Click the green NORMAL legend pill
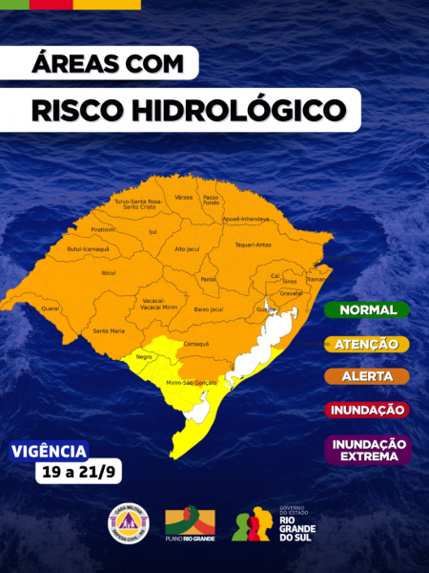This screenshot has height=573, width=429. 367,310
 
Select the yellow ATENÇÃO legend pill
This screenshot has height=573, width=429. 367,343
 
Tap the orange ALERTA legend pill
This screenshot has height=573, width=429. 367,376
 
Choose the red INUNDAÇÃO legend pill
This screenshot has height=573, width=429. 367,410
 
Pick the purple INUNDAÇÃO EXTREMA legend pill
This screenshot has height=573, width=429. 367,450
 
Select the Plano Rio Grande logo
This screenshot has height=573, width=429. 190,524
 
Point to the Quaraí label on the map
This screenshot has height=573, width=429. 51,308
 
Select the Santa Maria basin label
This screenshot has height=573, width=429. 108,330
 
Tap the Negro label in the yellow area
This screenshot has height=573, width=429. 145,356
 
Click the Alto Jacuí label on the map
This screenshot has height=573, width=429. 187,248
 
